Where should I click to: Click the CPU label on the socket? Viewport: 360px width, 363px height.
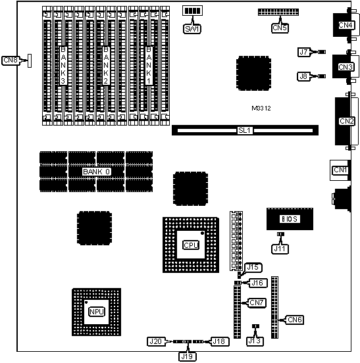tap(190, 245)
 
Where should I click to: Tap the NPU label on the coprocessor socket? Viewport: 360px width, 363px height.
tap(95, 310)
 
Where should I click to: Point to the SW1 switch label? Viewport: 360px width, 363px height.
tap(193, 28)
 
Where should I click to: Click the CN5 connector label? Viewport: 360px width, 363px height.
tap(280, 28)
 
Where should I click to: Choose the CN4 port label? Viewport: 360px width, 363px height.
tap(346, 25)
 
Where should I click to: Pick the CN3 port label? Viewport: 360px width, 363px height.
tap(346, 66)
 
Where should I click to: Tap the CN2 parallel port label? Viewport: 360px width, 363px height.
tap(347, 121)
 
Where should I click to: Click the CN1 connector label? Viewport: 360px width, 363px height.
tap(340, 170)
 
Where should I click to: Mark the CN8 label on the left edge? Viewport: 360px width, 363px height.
tap(11, 60)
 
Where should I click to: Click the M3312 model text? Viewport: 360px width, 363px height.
tap(263, 108)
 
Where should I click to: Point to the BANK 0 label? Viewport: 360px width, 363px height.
tap(96, 172)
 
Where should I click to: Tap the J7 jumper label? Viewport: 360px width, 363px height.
tap(303, 51)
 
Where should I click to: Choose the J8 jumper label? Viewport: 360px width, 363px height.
tap(303, 76)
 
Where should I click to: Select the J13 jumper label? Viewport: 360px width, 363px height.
tap(254, 341)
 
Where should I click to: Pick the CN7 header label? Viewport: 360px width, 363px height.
tap(256, 302)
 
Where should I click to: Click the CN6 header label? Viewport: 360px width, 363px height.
tap(295, 320)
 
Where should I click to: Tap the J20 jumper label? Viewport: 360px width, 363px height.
tap(155, 341)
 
